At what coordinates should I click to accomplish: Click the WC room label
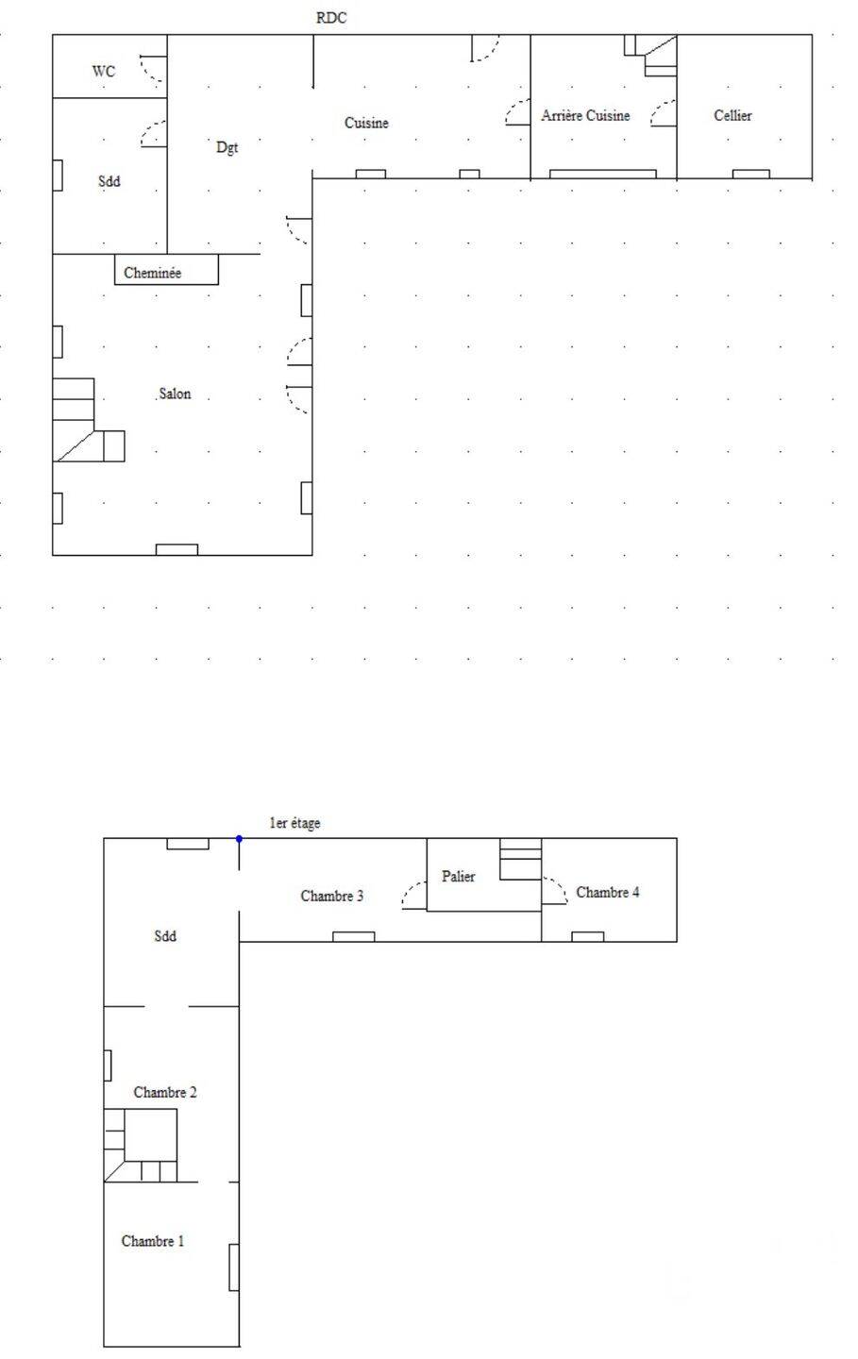coord(103,71)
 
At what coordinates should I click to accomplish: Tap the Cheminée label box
coord(166,269)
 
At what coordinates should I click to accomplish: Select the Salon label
coord(175,394)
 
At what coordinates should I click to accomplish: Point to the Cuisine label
coord(366,123)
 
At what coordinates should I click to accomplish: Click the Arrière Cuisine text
coord(585,115)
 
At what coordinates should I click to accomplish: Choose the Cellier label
coord(733,115)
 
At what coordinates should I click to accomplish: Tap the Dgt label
coord(227,147)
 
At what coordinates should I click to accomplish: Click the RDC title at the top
coord(331,18)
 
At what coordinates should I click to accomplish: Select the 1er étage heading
coord(294,823)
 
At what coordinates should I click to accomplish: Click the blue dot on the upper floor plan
coord(239,838)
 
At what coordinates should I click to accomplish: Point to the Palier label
coord(458,876)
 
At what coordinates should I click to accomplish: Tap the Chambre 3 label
coord(332,896)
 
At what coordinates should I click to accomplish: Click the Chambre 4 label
coord(608,892)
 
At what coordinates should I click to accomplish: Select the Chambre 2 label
coord(165,1092)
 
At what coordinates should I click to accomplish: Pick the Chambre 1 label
coord(152,1241)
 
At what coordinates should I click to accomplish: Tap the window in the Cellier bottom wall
coord(750,174)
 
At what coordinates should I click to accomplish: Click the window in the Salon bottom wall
coord(177,549)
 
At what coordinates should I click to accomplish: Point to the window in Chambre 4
coord(587,937)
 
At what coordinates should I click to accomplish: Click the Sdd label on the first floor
coord(165,935)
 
